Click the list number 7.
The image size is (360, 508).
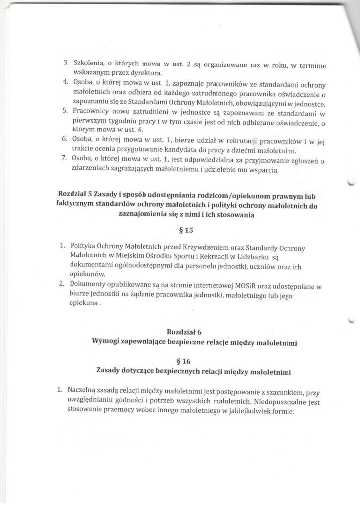65,162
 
